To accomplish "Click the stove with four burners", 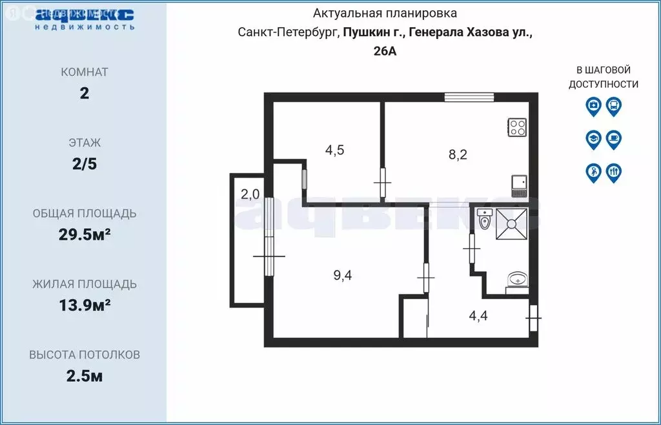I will click(518, 127).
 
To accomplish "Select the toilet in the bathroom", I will click(485, 220).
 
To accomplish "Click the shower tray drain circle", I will click(513, 223).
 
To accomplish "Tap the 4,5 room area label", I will click(334, 150).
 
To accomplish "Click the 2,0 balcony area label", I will click(250, 194).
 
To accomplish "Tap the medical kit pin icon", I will click(593, 106).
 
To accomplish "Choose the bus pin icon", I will click(613, 106).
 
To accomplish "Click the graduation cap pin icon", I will click(593, 139).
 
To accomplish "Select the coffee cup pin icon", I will click(613, 139).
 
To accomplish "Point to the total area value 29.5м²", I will click(84, 235).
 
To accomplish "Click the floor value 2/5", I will click(84, 164).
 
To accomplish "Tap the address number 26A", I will click(385, 52).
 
